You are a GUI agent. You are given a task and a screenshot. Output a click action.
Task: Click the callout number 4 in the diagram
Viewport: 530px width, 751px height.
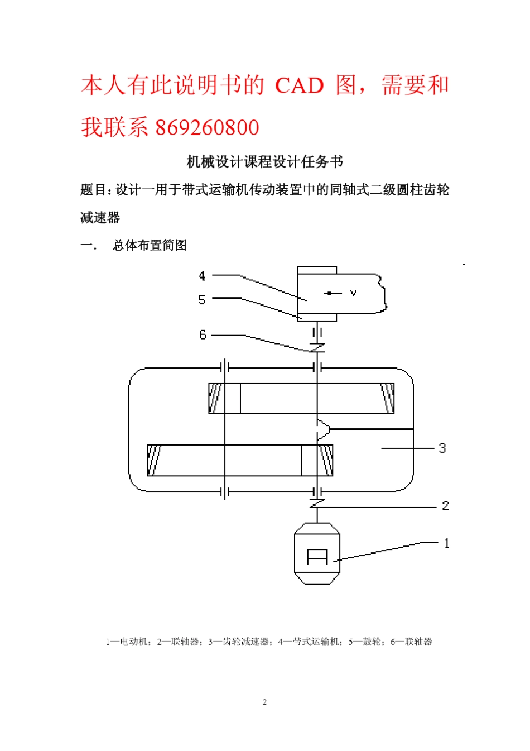click(x=202, y=276)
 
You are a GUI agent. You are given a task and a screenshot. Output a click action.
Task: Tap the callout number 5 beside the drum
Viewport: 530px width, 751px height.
click(x=202, y=300)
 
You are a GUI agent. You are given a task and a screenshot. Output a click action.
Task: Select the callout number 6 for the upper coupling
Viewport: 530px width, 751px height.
click(x=203, y=335)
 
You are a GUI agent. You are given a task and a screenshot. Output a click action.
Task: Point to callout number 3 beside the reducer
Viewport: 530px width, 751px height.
click(x=442, y=448)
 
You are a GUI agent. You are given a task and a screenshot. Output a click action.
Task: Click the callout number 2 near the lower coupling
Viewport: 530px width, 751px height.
click(x=445, y=506)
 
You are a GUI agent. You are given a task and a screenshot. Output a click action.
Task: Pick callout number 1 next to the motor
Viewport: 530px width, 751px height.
click(x=446, y=543)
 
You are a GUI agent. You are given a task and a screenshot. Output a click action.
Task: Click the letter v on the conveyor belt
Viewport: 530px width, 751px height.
click(x=353, y=293)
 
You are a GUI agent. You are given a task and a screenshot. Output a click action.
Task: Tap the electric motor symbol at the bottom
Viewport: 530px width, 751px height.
click(x=317, y=554)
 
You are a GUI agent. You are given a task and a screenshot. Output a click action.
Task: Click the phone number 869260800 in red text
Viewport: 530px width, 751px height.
click(x=207, y=128)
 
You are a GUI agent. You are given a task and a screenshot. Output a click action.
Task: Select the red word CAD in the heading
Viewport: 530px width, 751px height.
click(x=300, y=86)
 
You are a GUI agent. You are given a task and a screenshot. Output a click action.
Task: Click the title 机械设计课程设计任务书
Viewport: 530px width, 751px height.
click(x=264, y=162)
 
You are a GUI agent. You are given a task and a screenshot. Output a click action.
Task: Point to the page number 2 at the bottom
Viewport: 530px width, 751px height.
click(x=264, y=702)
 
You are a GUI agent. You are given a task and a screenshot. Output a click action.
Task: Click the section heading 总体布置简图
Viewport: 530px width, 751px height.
click(x=150, y=245)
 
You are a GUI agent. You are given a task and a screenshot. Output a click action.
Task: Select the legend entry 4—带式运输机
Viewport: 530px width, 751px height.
click(x=309, y=642)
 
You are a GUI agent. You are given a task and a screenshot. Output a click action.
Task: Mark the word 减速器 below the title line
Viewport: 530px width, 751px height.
click(x=100, y=217)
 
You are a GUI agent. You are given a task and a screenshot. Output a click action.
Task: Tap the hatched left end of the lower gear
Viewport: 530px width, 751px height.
click(x=154, y=461)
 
